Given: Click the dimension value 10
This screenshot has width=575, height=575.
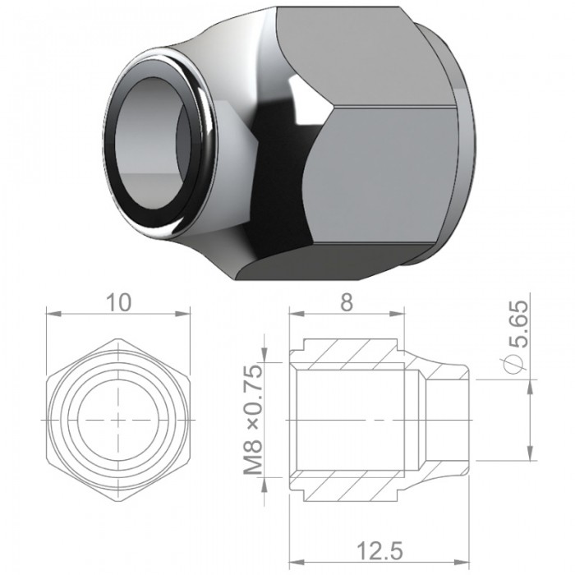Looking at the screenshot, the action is point(118,302).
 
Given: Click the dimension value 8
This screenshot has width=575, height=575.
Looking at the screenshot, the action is point(347,302).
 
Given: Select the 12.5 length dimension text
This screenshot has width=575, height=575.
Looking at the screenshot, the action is point(379,551).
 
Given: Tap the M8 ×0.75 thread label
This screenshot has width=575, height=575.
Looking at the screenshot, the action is point(253,419).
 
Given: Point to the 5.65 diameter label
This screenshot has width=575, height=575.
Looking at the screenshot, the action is point(518,324).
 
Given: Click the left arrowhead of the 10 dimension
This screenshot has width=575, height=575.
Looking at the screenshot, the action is point(53,314).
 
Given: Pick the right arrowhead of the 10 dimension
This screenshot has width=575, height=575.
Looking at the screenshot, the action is point(182,314).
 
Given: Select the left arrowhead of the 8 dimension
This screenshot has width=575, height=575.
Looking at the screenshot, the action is point(297,314).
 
